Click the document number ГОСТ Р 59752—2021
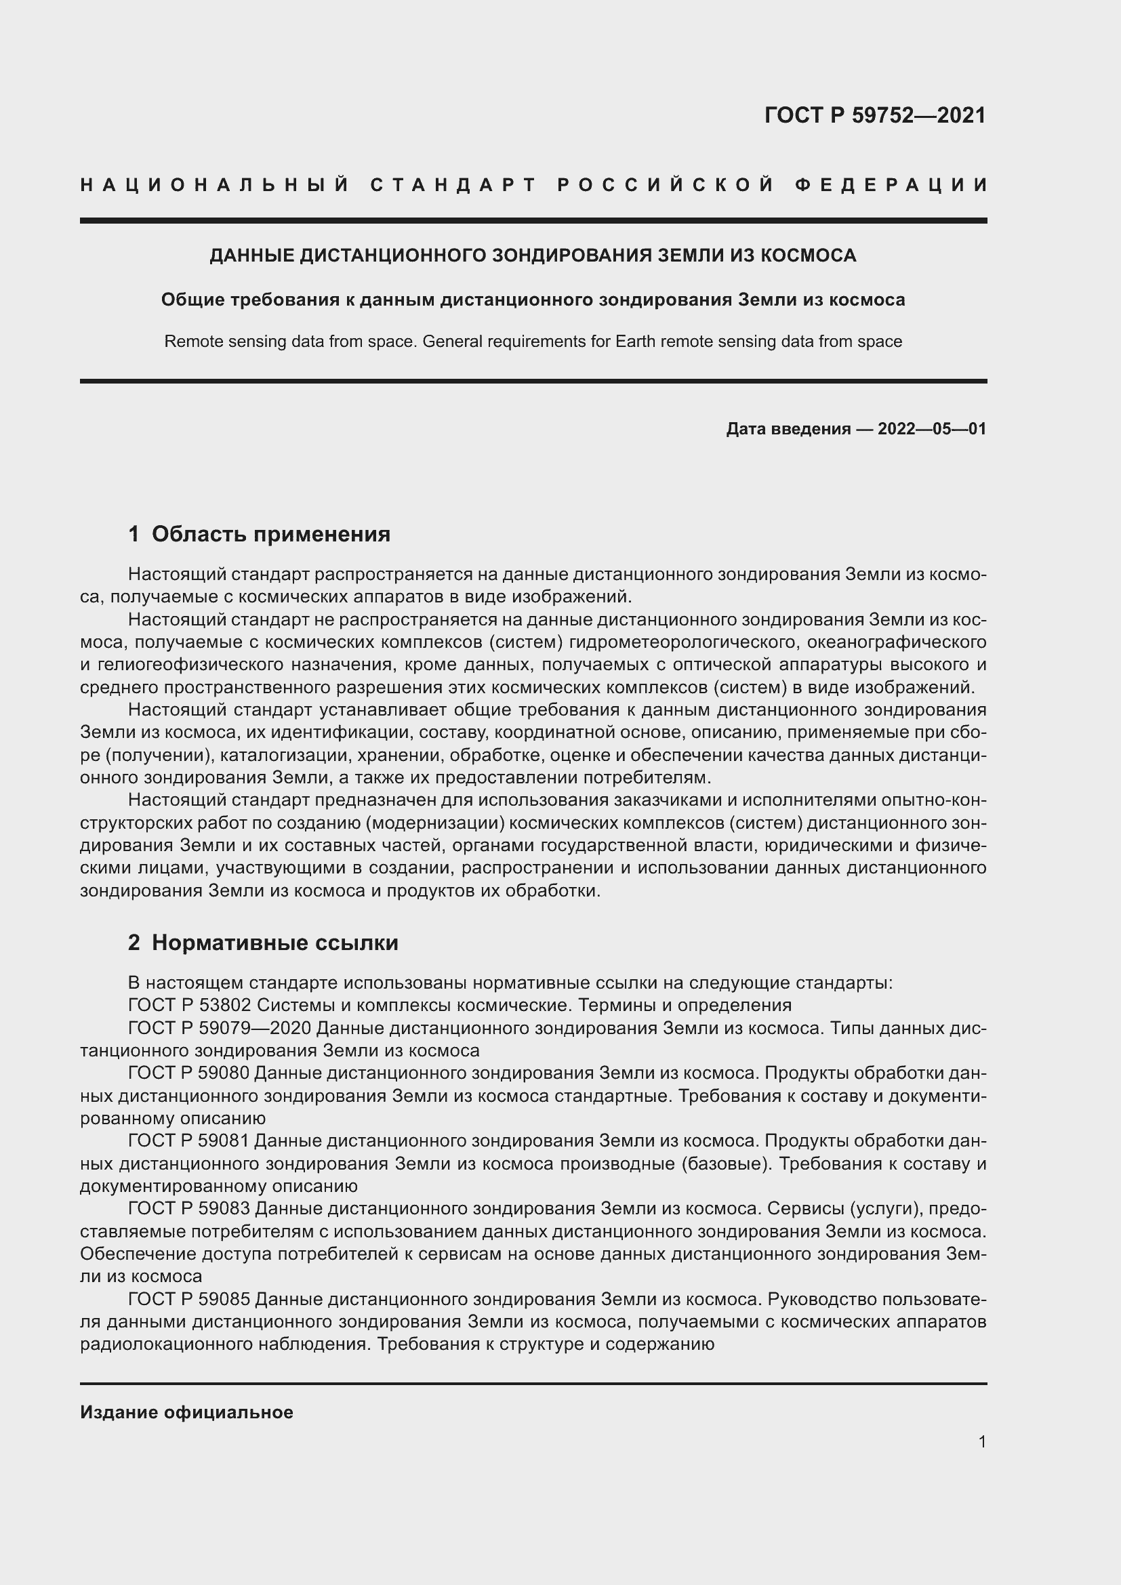click(x=874, y=115)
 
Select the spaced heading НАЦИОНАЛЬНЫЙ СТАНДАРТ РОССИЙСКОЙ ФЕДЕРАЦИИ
click(x=533, y=185)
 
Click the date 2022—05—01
click(x=932, y=429)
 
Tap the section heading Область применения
click(x=270, y=533)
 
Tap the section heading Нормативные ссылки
click(x=274, y=943)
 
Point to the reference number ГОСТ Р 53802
click(x=189, y=1005)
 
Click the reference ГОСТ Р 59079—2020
click(x=220, y=1028)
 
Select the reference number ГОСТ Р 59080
click(x=189, y=1073)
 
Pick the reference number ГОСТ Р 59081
click(x=189, y=1141)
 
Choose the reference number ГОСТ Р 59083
click(x=189, y=1209)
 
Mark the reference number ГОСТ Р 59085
click(x=189, y=1299)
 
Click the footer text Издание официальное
click(x=186, y=1412)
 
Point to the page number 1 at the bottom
click(x=982, y=1441)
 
